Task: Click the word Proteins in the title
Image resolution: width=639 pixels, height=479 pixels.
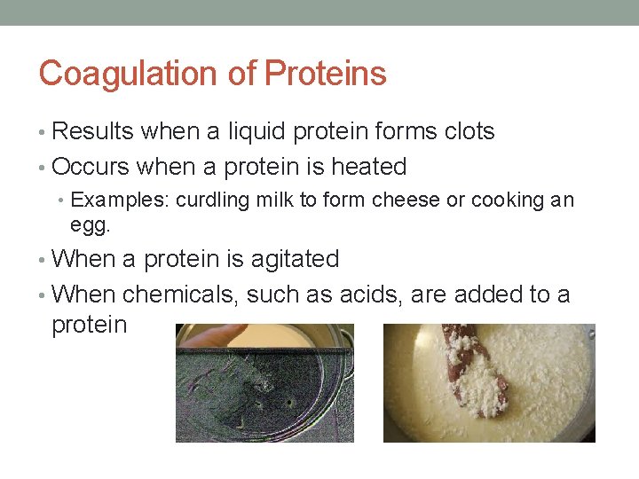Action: [325, 74]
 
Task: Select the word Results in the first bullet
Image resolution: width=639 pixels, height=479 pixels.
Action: [93, 131]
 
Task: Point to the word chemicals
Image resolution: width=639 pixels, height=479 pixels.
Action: [180, 294]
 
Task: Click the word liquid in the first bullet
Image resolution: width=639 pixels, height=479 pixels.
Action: [257, 131]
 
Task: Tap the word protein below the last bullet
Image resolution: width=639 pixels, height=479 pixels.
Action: [90, 325]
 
